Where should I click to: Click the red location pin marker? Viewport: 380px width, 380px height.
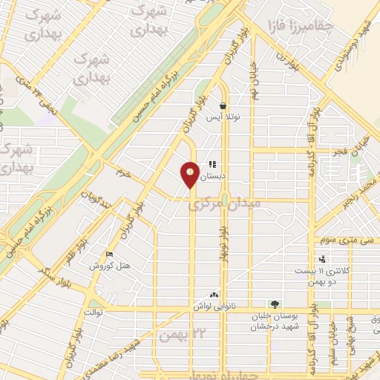click(191, 174)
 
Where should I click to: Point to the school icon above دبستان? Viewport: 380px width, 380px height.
click(212, 164)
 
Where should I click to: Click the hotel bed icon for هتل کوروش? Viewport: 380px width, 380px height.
click(111, 254)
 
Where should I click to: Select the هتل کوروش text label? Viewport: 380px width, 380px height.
click(111, 265)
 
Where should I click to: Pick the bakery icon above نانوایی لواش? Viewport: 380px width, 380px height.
click(214, 295)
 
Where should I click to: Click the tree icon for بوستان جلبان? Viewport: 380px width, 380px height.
click(275, 304)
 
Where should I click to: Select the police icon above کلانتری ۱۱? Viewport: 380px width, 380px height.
click(321, 259)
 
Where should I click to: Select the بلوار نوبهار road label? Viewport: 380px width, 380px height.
click(223, 245)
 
